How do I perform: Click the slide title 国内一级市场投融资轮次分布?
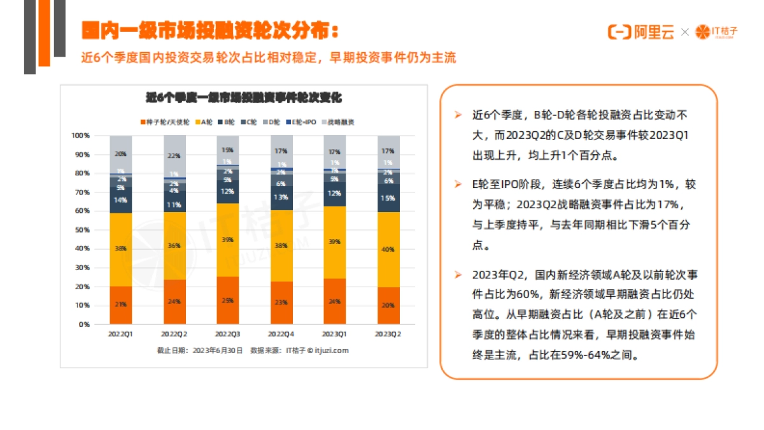pos(210,31)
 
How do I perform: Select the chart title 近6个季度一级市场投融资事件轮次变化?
pos(244,98)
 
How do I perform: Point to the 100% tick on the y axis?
pos(81,136)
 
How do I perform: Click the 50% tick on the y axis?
pos(82,230)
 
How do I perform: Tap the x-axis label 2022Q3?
pos(227,334)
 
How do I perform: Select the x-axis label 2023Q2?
pos(388,334)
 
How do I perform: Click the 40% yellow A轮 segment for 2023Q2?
pos(388,249)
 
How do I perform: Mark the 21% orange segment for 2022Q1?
pos(120,305)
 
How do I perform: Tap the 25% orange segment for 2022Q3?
pos(227,300)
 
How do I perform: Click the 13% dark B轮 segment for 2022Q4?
pos(281,197)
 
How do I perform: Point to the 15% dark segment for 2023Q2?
pos(388,198)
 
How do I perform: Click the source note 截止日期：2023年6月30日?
pos(200,350)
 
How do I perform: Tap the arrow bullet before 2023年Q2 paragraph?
pos(457,275)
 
